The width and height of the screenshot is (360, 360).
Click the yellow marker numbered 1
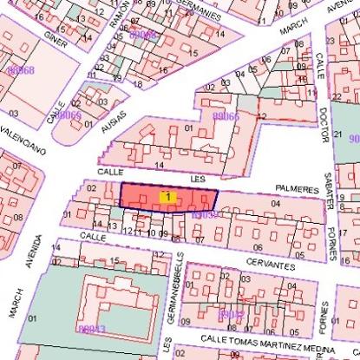[167, 198]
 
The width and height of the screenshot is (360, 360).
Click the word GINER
[55, 39]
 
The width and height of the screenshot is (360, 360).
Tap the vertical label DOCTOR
[323, 128]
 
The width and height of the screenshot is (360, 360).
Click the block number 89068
[20, 69]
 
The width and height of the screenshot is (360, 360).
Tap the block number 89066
[226, 115]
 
